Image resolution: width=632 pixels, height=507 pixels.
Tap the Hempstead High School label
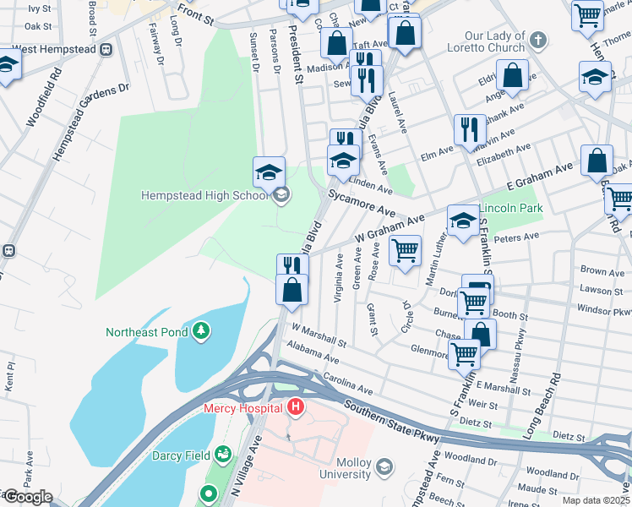204,196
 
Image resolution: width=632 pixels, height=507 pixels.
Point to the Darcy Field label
181,455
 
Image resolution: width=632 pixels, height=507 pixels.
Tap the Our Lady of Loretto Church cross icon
537,40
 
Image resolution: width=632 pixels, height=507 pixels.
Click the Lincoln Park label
510,208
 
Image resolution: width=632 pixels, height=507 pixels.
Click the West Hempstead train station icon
106,49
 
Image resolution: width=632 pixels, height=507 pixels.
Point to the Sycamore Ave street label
362,203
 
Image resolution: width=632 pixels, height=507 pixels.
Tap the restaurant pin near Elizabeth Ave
469,130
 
